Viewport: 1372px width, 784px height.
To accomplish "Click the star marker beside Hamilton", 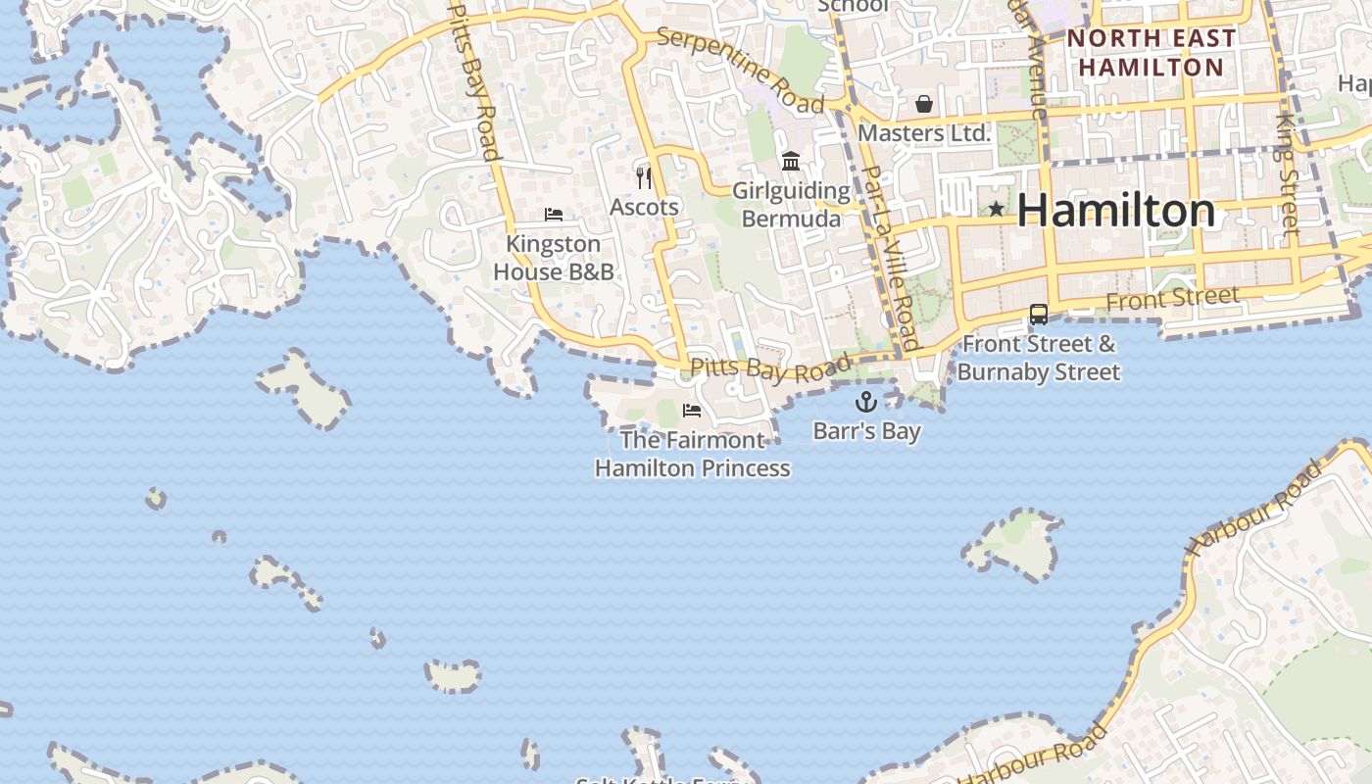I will click(x=996, y=209).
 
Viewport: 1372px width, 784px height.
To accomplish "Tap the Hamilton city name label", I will click(x=1116, y=211).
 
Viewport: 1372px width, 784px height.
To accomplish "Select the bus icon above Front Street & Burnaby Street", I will click(x=1039, y=315).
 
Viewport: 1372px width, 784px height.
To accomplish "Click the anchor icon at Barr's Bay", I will click(x=866, y=401).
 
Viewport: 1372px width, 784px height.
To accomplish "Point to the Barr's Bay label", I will click(x=866, y=431).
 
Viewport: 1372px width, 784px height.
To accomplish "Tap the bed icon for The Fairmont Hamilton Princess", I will click(x=692, y=411).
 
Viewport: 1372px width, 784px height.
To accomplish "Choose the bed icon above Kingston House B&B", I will click(x=554, y=214).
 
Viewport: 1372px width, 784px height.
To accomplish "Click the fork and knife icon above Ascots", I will click(x=644, y=177).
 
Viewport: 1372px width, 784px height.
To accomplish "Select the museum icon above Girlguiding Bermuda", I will click(x=791, y=161).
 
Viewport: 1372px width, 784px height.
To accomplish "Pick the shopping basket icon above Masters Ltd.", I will click(x=924, y=103).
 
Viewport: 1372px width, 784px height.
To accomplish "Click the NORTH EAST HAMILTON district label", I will click(x=1151, y=53).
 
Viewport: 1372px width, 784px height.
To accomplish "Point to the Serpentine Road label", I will click(x=741, y=69).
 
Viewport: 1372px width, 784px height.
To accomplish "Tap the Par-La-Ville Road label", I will click(x=890, y=258).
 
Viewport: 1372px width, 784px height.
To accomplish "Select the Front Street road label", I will click(x=1172, y=298).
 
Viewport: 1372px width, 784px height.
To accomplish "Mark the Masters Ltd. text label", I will click(x=924, y=132).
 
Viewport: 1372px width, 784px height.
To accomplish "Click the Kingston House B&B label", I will click(x=554, y=258).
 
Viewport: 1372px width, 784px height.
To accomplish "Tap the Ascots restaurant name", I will click(x=644, y=207).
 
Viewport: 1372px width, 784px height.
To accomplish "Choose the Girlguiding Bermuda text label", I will click(x=791, y=204).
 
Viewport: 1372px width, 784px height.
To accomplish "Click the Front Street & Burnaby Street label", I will click(x=1039, y=358).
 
